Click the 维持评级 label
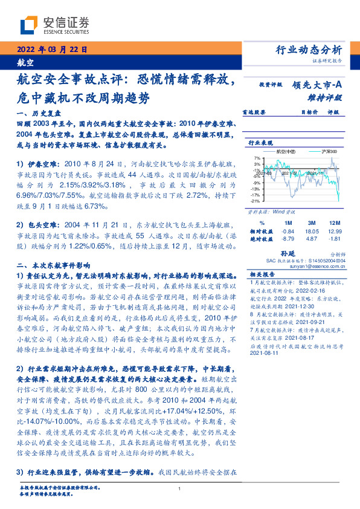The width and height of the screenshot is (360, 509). (x=329, y=97)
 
